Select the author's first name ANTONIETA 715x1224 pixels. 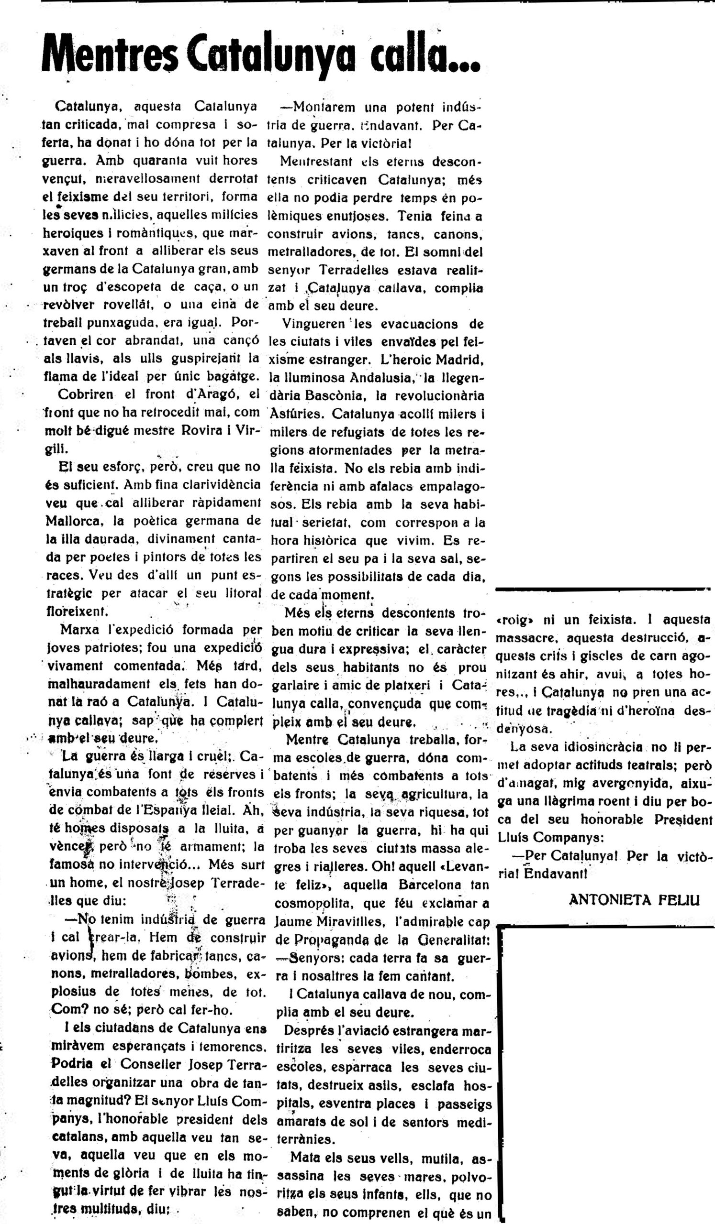coord(608,900)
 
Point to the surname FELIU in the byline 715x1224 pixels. coord(679,900)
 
